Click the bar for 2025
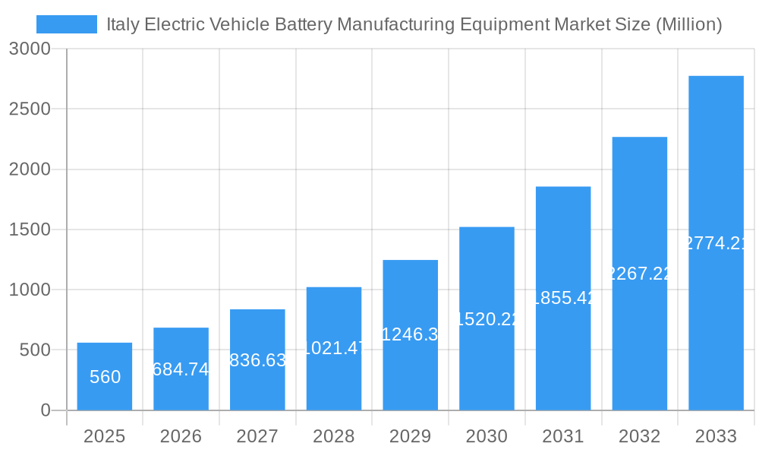coord(105,377)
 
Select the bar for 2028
coord(334,349)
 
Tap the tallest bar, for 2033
coord(716,243)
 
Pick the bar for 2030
coord(487,318)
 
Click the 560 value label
coord(105,377)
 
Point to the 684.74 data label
coord(181,369)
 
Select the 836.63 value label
coord(257,360)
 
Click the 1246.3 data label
coord(411,334)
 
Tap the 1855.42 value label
coord(563,298)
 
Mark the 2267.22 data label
coord(640,274)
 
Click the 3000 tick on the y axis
coord(30,49)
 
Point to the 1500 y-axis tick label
coord(30,230)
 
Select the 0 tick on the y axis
coord(45,410)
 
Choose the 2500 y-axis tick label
coord(30,109)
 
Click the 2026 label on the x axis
coord(181,437)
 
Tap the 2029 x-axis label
coord(411,437)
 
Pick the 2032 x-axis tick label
coord(640,437)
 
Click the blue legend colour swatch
coord(67,24)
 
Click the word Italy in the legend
coord(122,24)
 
